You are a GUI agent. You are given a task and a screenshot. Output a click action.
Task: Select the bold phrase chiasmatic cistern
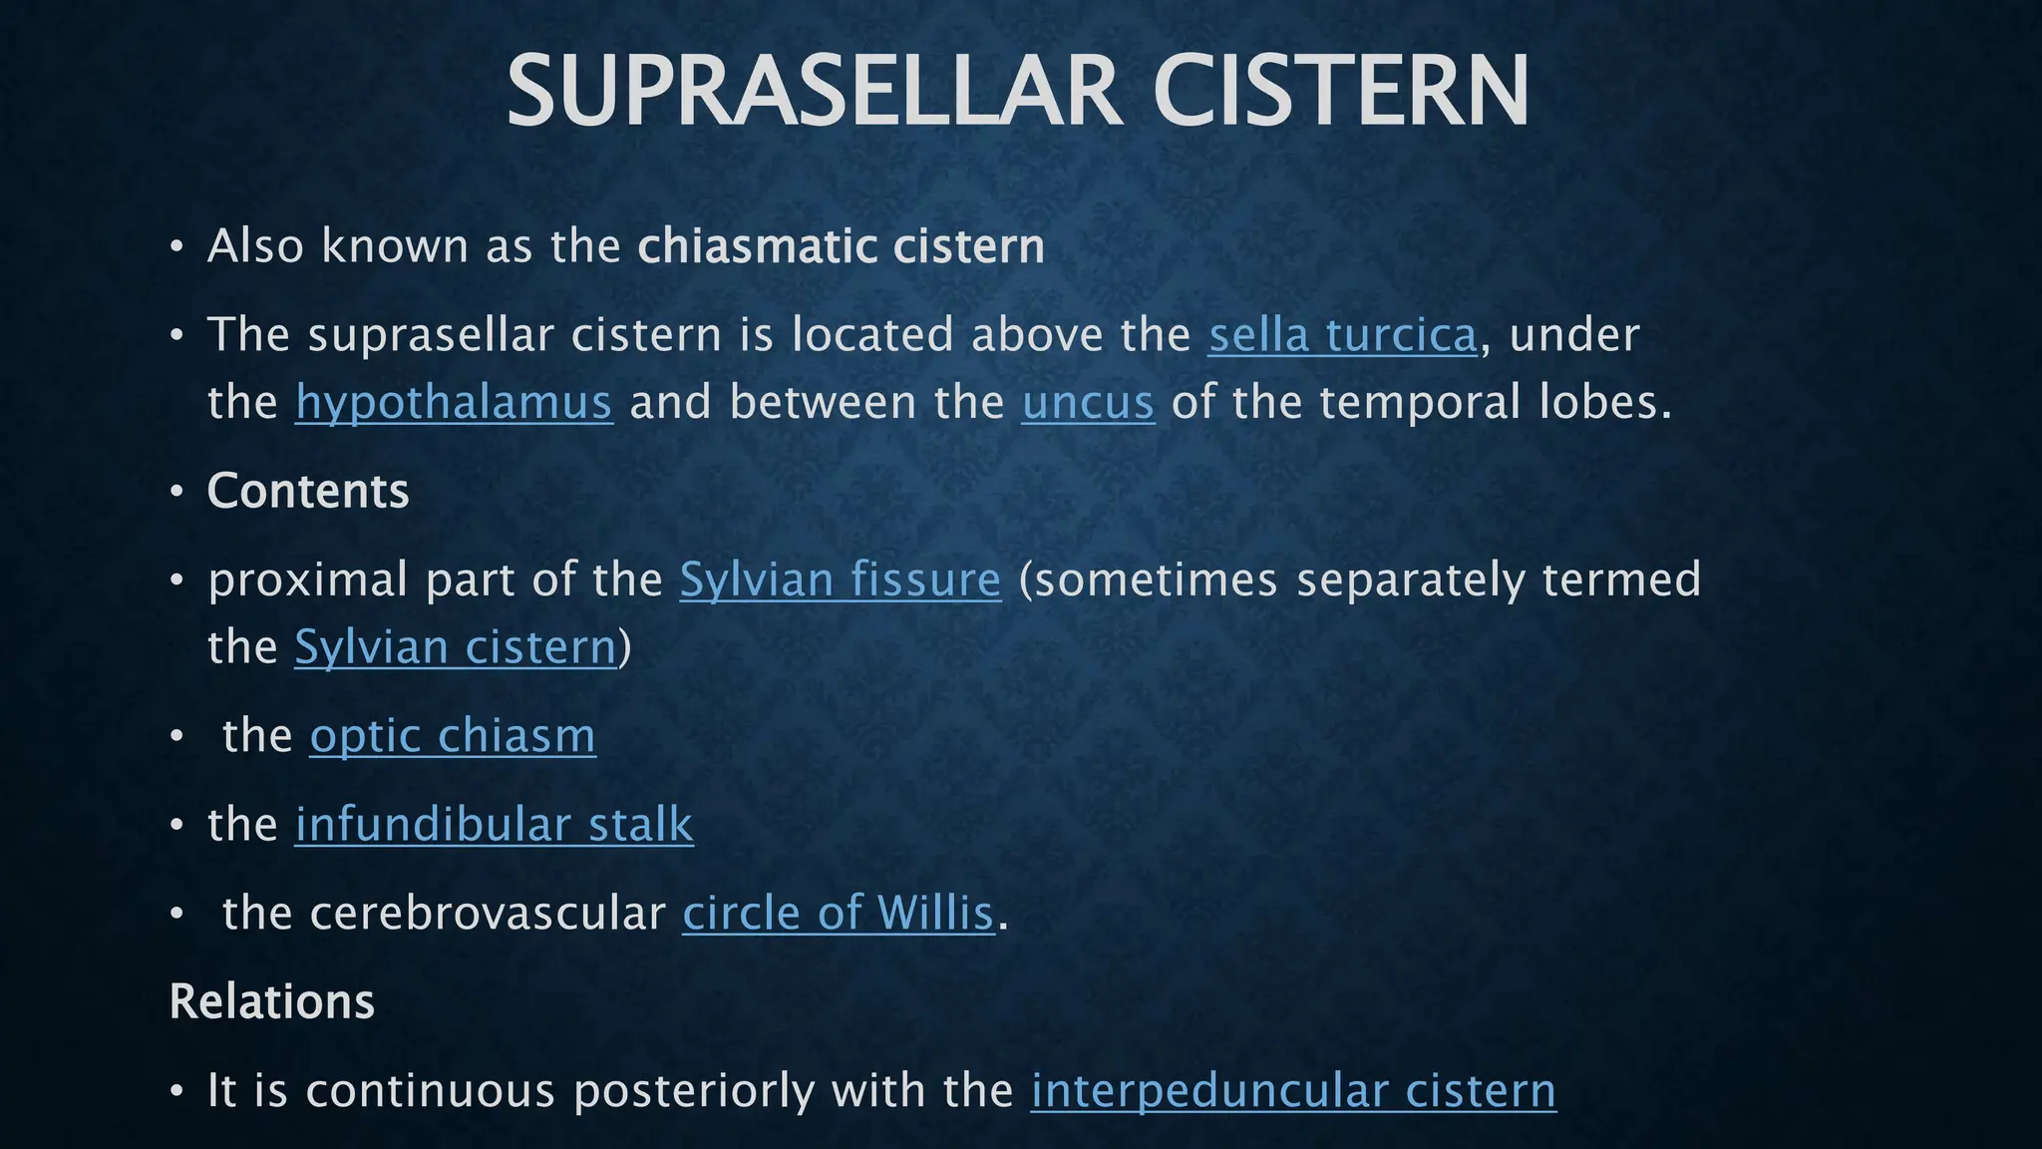[x=841, y=246]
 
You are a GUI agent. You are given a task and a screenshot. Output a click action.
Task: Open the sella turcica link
[x=1342, y=335]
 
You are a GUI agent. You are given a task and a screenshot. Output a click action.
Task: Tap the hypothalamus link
[x=454, y=403]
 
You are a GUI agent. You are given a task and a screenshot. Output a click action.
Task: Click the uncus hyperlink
[x=1088, y=403]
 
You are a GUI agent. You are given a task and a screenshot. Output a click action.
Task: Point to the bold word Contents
[x=308, y=491]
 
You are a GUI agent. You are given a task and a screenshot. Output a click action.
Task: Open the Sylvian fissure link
[x=840, y=579]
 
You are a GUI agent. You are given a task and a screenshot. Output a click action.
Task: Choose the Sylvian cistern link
[x=456, y=647]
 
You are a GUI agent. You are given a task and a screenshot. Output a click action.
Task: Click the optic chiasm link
[x=453, y=736]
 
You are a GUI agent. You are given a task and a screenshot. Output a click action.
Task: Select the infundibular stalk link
[x=494, y=825]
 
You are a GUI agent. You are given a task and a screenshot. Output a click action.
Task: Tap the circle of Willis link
[x=838, y=913]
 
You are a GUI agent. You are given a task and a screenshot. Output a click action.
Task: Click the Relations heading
[x=271, y=1001]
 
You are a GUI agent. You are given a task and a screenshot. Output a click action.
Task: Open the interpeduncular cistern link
[x=1293, y=1090]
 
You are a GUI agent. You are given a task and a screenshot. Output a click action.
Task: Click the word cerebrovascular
[x=488, y=913]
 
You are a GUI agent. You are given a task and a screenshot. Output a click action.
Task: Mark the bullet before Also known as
[x=176, y=246]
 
